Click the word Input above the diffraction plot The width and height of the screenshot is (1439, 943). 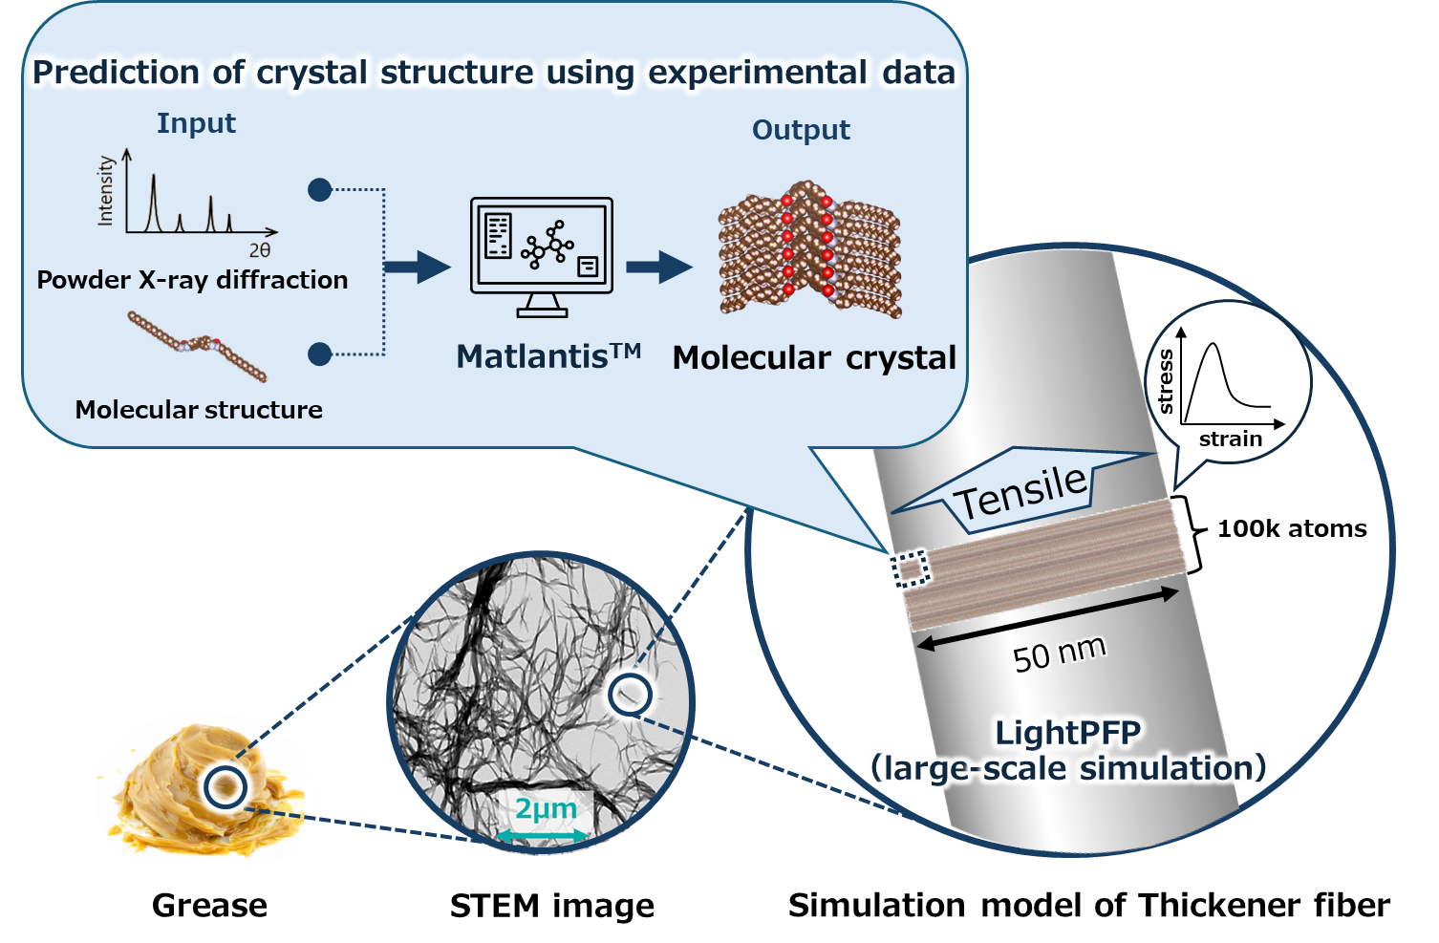[x=196, y=123]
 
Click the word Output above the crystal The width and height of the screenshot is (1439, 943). [x=801, y=130]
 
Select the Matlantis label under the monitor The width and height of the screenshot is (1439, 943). [x=548, y=356]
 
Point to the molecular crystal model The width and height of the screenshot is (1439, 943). [x=809, y=248]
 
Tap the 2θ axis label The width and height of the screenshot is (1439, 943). [x=260, y=250]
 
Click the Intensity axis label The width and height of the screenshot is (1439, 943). [x=105, y=191]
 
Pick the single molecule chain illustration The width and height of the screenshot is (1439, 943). [x=197, y=345]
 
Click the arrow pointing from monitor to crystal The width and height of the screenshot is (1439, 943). [x=659, y=267]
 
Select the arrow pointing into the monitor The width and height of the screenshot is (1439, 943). [x=417, y=267]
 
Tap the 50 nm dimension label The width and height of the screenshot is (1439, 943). [x=1059, y=654]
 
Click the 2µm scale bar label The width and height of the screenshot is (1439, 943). [x=546, y=809]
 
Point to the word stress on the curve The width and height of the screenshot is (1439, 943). [x=1165, y=381]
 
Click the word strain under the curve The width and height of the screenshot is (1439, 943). [x=1231, y=439]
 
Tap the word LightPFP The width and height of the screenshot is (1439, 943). [x=1067, y=733]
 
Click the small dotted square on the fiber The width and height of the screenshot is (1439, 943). [x=909, y=569]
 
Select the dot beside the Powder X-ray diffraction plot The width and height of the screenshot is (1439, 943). [x=320, y=190]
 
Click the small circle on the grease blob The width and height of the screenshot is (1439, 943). [x=226, y=786]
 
